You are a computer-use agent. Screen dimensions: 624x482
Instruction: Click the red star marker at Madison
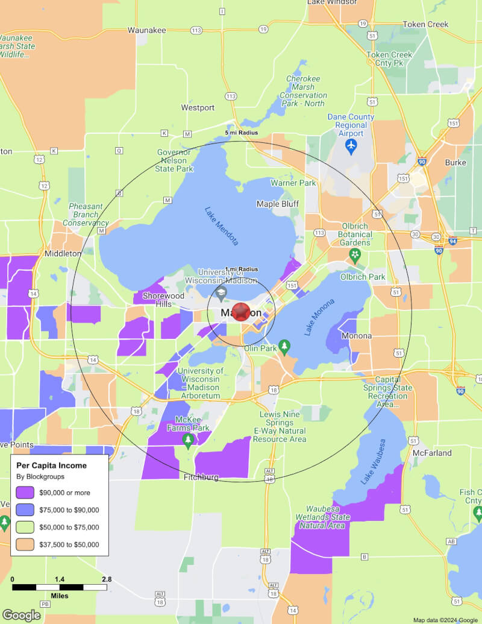tap(241, 312)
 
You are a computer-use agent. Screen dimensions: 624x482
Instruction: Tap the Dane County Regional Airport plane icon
tap(351, 145)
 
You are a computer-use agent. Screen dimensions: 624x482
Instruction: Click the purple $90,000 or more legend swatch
tap(25, 492)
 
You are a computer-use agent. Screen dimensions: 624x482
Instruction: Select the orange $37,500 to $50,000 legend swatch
tap(25, 544)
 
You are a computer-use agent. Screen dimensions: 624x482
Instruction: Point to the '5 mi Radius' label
tap(241, 133)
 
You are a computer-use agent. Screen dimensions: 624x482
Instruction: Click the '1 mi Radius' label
tap(241, 269)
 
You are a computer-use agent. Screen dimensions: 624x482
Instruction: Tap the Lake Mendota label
tap(222, 226)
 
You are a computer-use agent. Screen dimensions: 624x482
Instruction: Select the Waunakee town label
tap(146, 30)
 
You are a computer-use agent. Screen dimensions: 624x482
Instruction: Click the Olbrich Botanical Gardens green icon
tap(355, 256)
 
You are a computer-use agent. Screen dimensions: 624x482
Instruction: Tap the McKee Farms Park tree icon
tap(188, 440)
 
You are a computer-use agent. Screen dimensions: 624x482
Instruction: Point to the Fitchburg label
tap(201, 477)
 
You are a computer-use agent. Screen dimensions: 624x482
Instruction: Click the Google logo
tap(21, 615)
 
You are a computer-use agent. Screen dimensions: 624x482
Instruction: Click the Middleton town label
tap(63, 254)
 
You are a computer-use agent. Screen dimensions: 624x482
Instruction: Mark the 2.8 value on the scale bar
tap(106, 579)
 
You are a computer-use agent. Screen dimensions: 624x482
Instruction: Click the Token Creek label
tap(425, 25)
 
